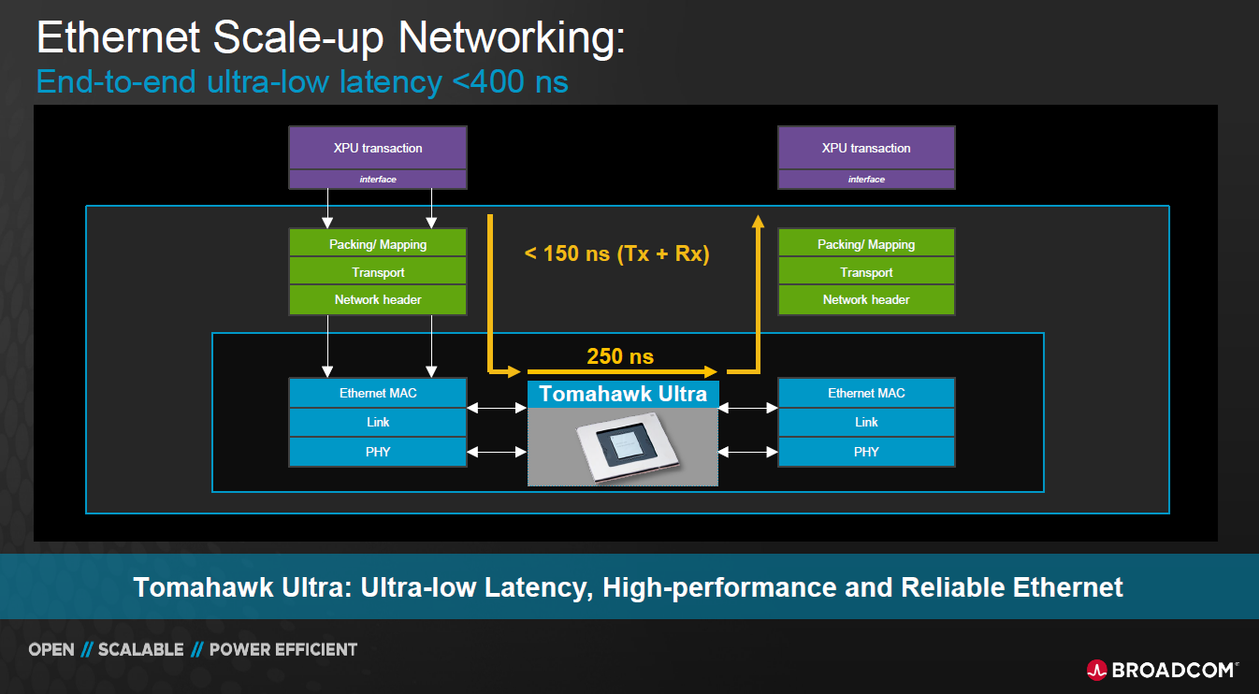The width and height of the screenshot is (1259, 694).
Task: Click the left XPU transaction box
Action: click(378, 148)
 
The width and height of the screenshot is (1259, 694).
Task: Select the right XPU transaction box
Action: click(866, 148)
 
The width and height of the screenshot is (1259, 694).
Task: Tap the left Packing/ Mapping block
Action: click(378, 244)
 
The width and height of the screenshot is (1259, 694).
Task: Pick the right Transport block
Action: click(866, 272)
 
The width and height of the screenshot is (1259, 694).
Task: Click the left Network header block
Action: click(378, 300)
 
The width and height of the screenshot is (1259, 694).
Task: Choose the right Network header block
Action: click(866, 300)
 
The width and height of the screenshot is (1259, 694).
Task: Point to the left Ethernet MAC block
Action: click(378, 393)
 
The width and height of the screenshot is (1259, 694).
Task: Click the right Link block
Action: click(866, 422)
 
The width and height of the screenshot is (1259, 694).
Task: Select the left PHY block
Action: click(378, 452)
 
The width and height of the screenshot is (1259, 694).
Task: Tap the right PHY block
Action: click(866, 452)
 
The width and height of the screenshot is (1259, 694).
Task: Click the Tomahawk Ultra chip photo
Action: click(623, 447)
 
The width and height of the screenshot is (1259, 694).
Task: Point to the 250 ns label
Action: click(620, 356)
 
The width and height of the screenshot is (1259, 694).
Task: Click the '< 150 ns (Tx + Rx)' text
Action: click(616, 253)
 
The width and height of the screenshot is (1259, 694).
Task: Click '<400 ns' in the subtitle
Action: click(510, 81)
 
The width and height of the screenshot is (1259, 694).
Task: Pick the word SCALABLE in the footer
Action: click(140, 649)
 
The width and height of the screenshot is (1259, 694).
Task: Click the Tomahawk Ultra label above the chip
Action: click(623, 394)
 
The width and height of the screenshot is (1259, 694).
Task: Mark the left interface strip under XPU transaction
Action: click(378, 180)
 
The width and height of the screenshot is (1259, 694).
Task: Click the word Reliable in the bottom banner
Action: click(953, 587)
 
